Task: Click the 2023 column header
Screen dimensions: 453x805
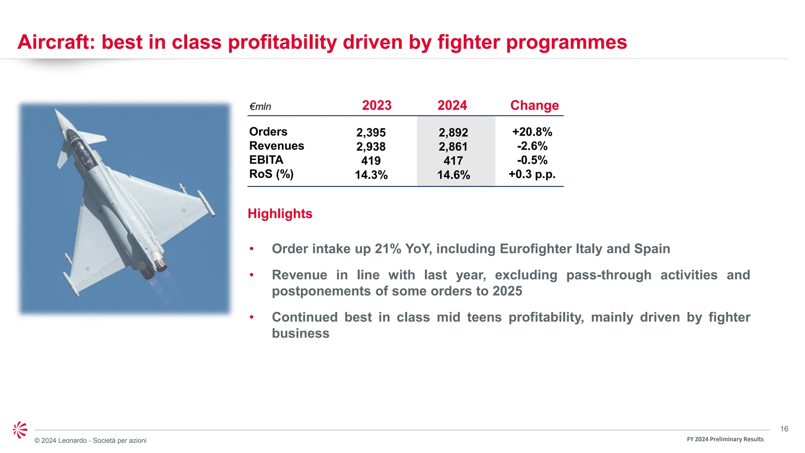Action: tap(377, 105)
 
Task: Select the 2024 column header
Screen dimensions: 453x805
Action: tap(452, 105)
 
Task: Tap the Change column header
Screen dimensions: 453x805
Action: tap(534, 105)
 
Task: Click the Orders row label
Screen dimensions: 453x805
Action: tap(268, 132)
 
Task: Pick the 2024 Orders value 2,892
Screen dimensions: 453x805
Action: tap(453, 133)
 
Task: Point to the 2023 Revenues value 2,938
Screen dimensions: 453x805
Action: tap(371, 147)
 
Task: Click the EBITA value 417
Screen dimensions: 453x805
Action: tap(453, 161)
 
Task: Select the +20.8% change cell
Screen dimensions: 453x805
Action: tap(532, 132)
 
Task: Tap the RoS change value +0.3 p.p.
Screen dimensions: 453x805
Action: tap(532, 174)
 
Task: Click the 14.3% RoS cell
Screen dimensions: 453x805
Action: tap(371, 175)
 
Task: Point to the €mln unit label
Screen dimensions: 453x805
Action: tap(260, 107)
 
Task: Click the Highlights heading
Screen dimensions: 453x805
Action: tap(280, 214)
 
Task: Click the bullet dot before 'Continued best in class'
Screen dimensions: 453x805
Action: tap(252, 317)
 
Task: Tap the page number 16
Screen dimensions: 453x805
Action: tap(784, 429)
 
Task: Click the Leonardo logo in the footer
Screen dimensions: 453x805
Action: tap(20, 430)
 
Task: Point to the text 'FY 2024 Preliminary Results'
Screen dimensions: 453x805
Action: tap(725, 439)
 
